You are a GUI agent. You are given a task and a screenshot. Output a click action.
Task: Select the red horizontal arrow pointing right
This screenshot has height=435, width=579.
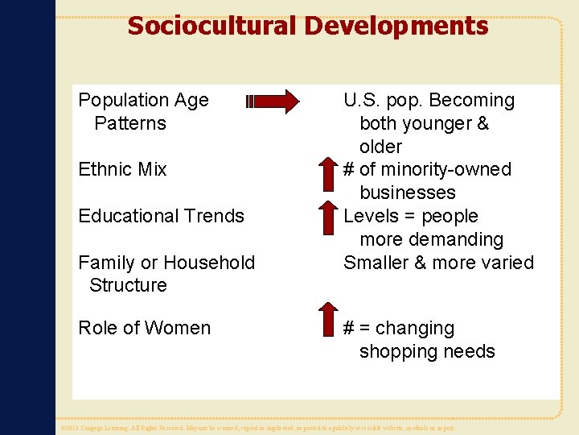click(274, 101)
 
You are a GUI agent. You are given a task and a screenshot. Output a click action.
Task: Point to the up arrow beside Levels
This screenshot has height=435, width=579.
click(326, 217)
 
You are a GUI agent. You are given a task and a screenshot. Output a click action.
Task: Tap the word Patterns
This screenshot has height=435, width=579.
click(130, 124)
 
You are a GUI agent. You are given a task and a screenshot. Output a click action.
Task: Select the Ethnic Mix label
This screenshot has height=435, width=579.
click(122, 170)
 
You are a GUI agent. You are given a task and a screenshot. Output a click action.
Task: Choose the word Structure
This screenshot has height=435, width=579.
click(128, 285)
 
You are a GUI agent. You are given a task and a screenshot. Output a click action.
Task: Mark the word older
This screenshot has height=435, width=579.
click(380, 147)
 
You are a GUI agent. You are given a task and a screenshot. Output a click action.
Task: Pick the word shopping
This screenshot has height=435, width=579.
click(396, 352)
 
